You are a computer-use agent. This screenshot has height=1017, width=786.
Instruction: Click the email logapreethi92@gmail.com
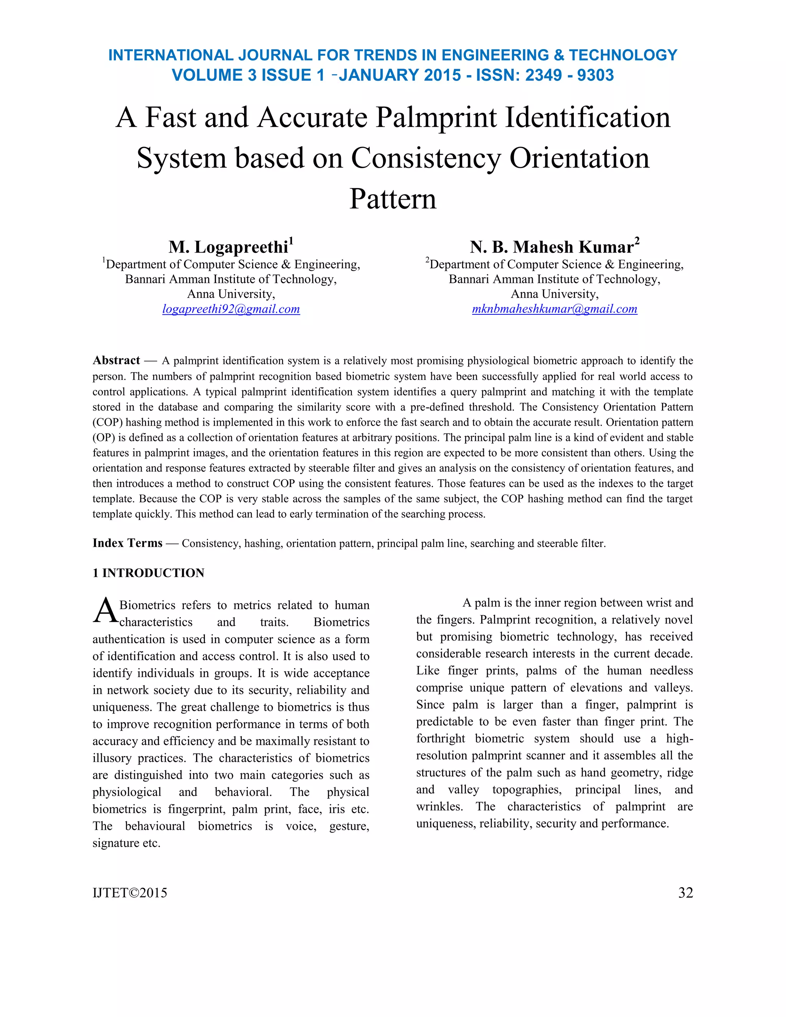click(x=231, y=309)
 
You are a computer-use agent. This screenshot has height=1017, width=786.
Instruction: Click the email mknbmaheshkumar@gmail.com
click(x=554, y=309)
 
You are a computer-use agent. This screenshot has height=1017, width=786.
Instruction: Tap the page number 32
click(x=685, y=893)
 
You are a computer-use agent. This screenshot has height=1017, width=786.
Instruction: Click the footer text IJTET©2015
click(x=130, y=893)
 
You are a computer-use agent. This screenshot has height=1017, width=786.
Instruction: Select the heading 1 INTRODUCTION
click(x=148, y=573)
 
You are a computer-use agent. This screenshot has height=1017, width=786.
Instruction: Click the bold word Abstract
click(x=116, y=360)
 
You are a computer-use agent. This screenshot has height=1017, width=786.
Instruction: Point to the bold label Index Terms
click(x=127, y=543)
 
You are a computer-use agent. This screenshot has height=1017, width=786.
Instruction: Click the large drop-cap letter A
click(x=105, y=611)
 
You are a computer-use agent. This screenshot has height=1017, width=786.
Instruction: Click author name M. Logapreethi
click(x=228, y=247)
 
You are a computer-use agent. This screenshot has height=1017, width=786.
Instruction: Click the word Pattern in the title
click(x=393, y=199)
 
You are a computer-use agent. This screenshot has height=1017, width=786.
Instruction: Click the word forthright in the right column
click(x=440, y=738)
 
